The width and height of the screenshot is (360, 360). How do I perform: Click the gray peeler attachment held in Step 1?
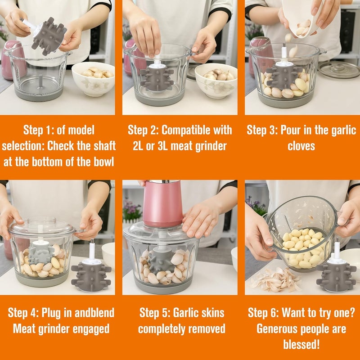[x=49, y=36]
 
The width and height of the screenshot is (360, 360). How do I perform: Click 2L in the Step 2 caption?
[x=138, y=146]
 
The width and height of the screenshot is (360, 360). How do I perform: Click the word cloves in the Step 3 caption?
[x=301, y=146]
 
